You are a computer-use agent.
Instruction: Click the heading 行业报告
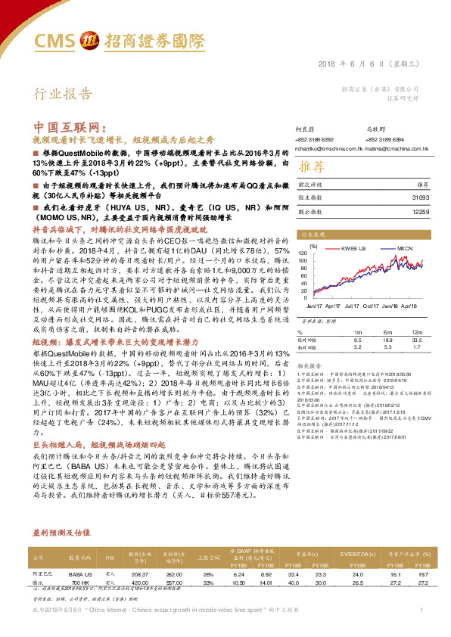point(61,94)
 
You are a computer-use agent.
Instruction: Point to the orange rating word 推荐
point(310,166)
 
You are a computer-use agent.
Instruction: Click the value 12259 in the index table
point(420,211)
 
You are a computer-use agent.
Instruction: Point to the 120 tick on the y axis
point(303,253)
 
